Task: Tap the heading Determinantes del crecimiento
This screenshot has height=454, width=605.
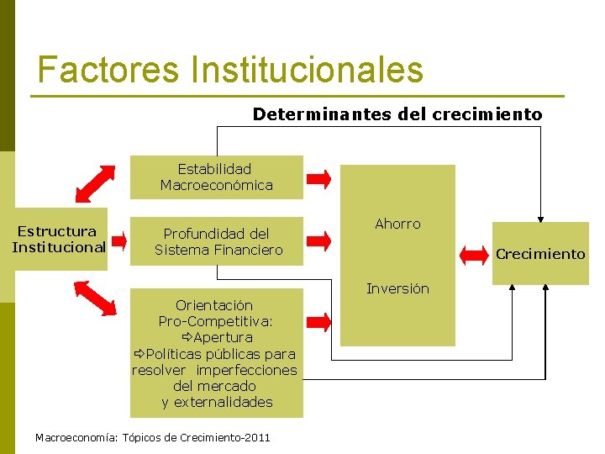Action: click(x=397, y=114)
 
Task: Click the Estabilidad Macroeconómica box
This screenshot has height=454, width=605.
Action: click(x=216, y=177)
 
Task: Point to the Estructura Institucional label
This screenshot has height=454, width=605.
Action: click(x=59, y=239)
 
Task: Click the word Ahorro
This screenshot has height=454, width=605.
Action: click(x=397, y=224)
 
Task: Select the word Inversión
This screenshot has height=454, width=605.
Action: click(x=397, y=289)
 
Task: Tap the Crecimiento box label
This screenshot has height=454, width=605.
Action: click(x=540, y=254)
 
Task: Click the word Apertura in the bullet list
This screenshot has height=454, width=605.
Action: click(x=223, y=337)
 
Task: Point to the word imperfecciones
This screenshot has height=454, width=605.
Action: click(x=247, y=370)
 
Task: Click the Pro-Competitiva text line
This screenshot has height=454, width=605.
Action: click(x=216, y=321)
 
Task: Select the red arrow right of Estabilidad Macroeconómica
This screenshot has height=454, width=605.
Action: click(x=318, y=177)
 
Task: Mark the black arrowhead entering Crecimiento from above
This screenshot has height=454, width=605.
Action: click(x=541, y=214)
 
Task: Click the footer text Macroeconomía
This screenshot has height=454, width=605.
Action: click(x=76, y=438)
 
